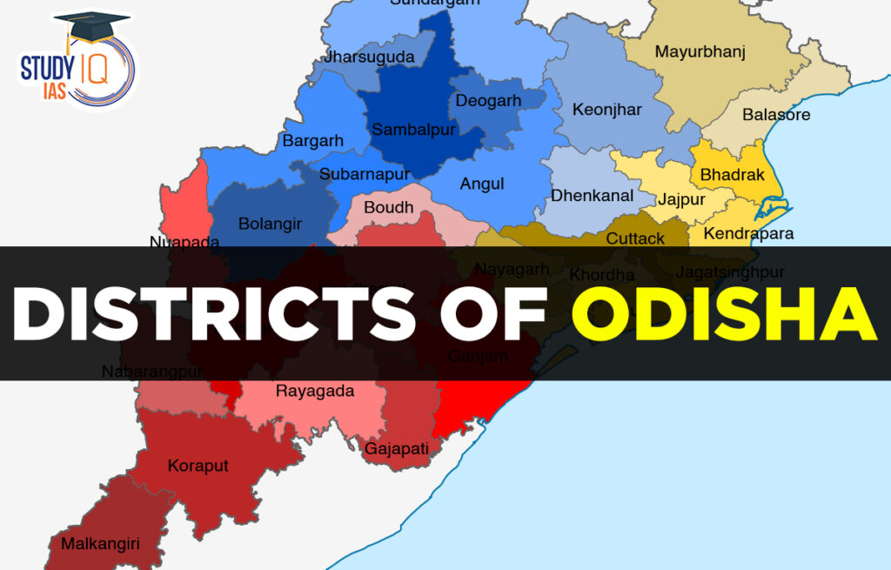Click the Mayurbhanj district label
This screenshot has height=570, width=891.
[x=700, y=51]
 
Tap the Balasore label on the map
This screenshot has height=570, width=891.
[x=775, y=115]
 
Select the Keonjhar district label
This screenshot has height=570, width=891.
[x=606, y=110]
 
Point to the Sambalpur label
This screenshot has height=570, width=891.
[x=413, y=130]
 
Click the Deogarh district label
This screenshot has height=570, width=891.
[x=488, y=101]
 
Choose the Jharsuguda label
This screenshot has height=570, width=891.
[x=369, y=57]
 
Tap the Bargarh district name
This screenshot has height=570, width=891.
[x=312, y=140]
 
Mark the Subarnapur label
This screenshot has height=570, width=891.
[x=364, y=173]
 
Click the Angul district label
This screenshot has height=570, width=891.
[x=482, y=184]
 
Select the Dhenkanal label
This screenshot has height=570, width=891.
[x=592, y=196]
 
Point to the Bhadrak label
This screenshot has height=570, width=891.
[x=732, y=175]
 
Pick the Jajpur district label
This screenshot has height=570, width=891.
[x=681, y=200]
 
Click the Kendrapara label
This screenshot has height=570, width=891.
[x=748, y=233]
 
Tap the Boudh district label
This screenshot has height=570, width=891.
[x=388, y=208]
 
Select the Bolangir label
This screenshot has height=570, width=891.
[x=270, y=224]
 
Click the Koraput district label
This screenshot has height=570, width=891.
[x=198, y=466]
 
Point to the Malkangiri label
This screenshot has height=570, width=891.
[x=100, y=544]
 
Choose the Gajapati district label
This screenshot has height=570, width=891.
[x=397, y=449]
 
